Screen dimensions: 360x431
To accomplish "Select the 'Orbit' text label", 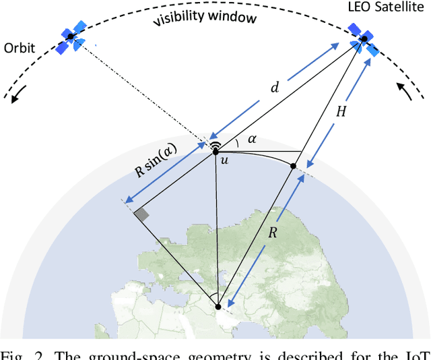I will tap(20, 48).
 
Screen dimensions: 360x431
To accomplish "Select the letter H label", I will tap(341, 111).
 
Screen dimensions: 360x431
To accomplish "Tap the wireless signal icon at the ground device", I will tap(215, 146).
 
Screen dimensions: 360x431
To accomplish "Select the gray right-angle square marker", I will tap(141, 215).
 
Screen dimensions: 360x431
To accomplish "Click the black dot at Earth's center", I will tap(218, 308).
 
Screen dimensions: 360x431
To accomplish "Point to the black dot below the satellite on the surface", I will tap(294, 165).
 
